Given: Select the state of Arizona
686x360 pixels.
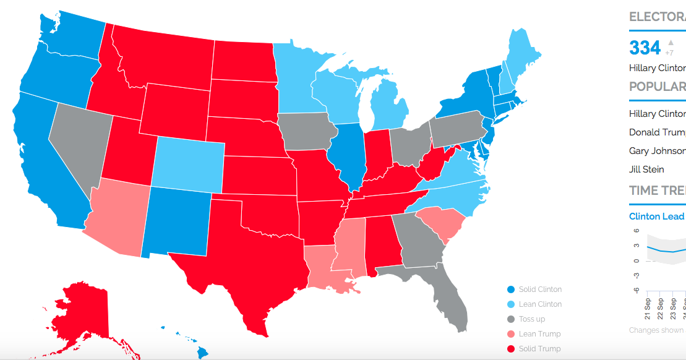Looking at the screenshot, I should coord(118,216).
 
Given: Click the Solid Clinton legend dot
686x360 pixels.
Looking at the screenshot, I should coord(510,289).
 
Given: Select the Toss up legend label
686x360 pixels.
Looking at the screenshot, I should coord(531,319).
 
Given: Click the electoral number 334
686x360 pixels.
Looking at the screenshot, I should coord(645,48).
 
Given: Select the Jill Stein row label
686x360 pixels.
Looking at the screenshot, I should coord(646,169).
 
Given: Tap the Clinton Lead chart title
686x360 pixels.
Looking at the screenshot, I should coord(656,216).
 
